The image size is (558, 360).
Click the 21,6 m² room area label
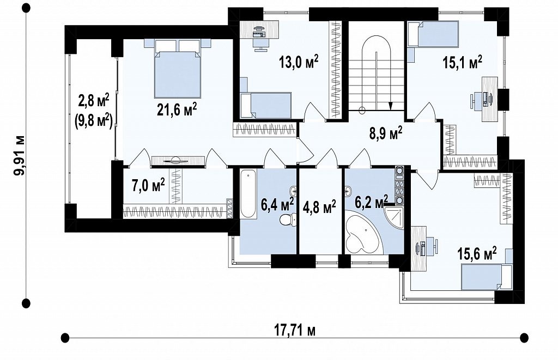(x=177, y=110)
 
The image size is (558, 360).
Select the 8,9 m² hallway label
(x=385, y=134)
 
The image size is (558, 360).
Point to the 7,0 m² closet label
(x=148, y=185)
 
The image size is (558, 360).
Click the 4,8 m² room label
(x=319, y=206)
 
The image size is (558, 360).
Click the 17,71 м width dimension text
(x=295, y=331)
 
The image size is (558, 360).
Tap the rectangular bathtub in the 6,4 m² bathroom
(x=248, y=194)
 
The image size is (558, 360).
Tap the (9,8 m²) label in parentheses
(x=94, y=121)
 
